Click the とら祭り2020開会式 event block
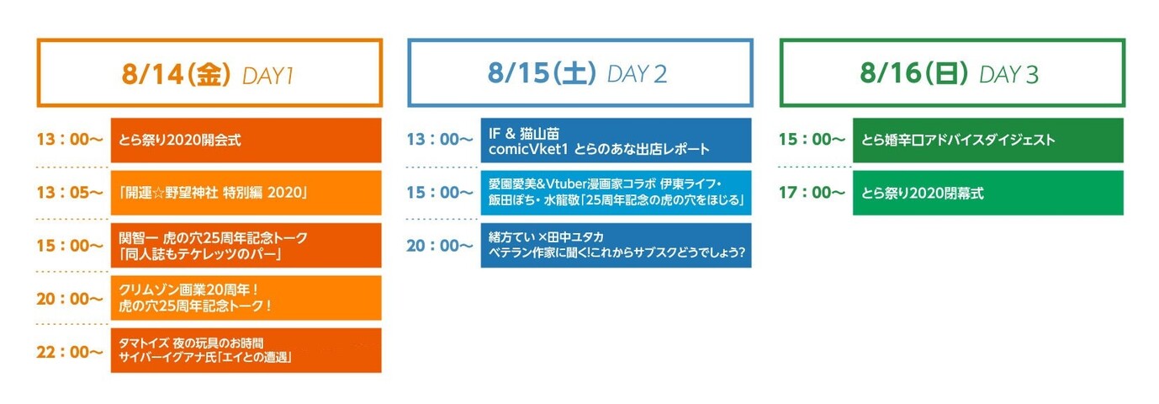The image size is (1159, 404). [x=246, y=140]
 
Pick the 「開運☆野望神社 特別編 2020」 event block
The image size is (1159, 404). [x=246, y=193]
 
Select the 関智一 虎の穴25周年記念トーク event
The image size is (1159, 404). [x=246, y=245]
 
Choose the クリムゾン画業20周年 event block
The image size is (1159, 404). [x=246, y=298]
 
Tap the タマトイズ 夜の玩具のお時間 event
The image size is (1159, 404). [x=246, y=350]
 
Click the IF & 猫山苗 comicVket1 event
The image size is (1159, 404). [x=616, y=140]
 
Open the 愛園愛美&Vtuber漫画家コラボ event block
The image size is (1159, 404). [x=616, y=193]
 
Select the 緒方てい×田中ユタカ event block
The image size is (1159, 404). [x=616, y=245]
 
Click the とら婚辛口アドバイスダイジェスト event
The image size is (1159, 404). [x=987, y=140]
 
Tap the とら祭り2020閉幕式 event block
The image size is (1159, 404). [x=987, y=193]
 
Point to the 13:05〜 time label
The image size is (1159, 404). [x=69, y=193]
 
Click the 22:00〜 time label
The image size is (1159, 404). [x=69, y=352]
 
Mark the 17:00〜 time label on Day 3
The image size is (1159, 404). [x=812, y=193]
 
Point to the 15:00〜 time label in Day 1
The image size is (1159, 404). [x=69, y=246]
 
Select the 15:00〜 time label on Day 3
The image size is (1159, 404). [x=812, y=140]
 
